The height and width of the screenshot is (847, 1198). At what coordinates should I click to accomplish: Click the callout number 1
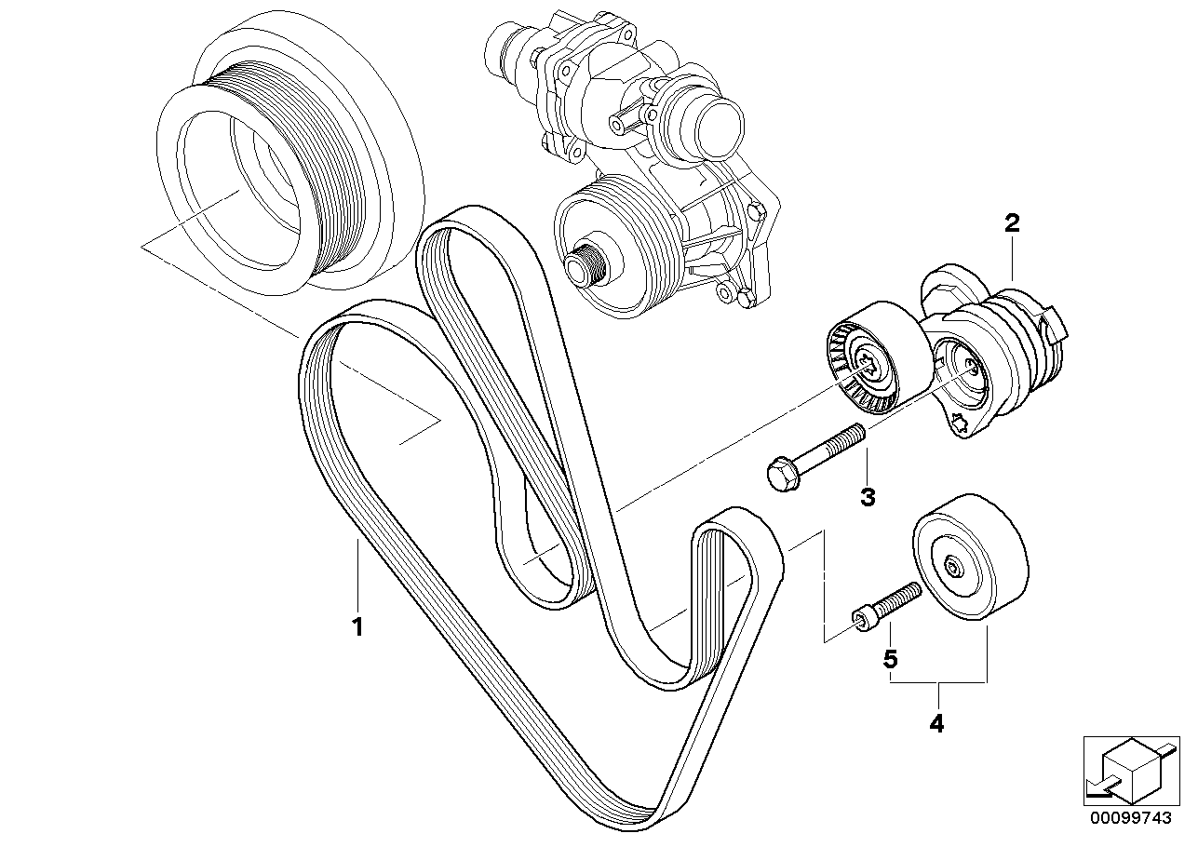tap(357, 627)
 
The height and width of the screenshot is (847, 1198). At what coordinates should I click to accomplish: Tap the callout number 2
tap(1012, 223)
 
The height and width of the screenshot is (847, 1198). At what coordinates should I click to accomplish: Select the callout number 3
tap(868, 498)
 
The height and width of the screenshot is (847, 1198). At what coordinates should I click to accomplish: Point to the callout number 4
tap(936, 723)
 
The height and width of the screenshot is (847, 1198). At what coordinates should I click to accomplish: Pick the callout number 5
tap(890, 660)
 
